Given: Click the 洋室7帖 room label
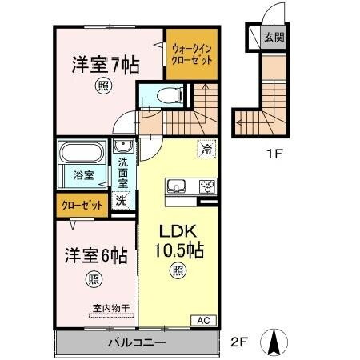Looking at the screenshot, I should point(102,62).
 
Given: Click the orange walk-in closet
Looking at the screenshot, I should point(191,54).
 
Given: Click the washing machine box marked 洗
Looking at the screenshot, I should point(121,200).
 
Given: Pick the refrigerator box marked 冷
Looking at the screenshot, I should point(207,148).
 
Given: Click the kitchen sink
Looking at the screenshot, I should point(176,186).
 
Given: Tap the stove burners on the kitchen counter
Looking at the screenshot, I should point(206,186).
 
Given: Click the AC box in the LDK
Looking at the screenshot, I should point(203,320).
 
